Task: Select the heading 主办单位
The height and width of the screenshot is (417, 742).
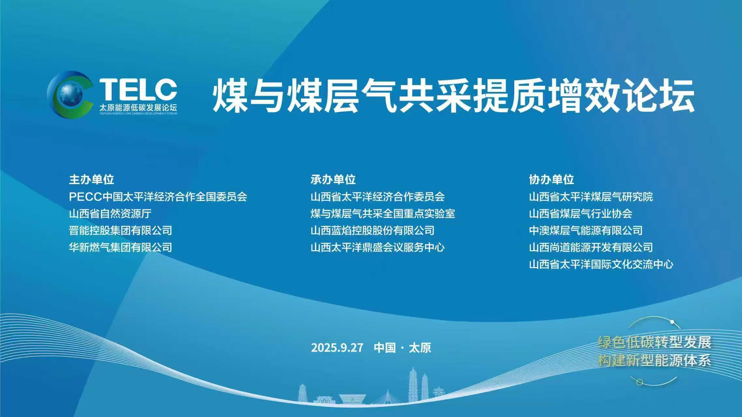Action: pos(91,180)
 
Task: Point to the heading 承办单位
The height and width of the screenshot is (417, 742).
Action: pos(333,180)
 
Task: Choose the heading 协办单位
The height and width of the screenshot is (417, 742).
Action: pos(551,180)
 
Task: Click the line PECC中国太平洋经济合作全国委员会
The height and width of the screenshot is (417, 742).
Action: pos(158,197)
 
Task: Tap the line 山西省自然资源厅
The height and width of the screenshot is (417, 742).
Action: pos(110,214)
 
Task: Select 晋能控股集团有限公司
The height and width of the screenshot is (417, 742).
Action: pos(120,231)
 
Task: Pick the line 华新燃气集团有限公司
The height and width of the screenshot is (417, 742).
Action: pos(120,248)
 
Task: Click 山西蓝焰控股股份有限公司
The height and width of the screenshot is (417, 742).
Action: pos(372,231)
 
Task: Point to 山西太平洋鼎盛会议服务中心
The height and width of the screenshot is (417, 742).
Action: pos(378,248)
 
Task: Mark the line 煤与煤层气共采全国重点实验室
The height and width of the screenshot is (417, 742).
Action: pos(383,214)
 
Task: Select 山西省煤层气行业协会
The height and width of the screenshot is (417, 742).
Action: pos(581,214)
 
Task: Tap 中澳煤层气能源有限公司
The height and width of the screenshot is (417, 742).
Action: pos(586,231)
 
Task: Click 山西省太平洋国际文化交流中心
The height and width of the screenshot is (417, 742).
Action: pos(601,265)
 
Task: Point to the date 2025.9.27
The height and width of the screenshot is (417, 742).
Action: pos(337,348)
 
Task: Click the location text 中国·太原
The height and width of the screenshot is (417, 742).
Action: pos(403,348)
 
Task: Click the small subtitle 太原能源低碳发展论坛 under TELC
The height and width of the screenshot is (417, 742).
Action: pos(138,108)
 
